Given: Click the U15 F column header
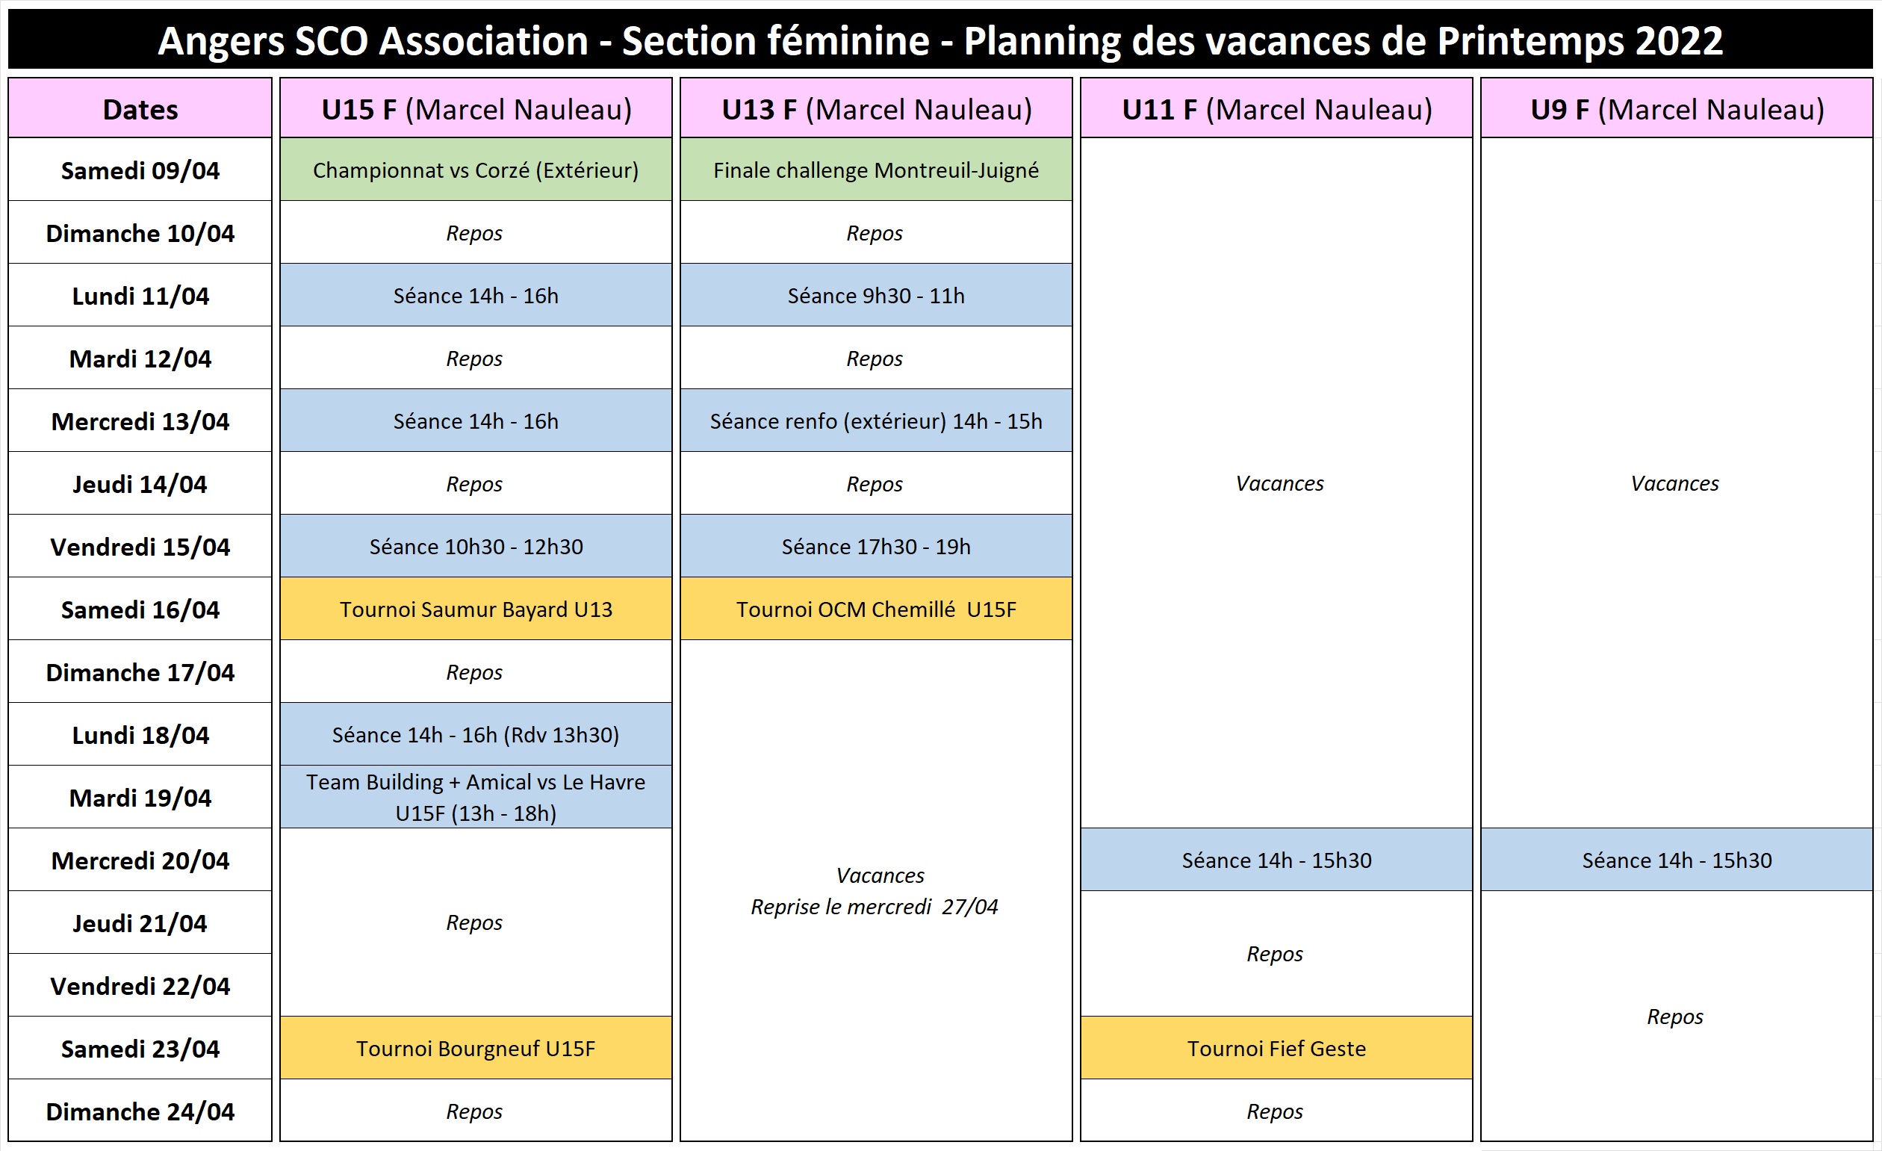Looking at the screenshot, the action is point(476,108).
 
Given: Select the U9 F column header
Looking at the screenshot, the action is point(1677,108).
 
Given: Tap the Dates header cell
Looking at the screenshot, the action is point(140,108).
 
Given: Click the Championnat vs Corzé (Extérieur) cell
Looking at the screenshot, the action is point(476,170).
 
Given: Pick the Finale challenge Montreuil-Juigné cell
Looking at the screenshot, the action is point(876,170).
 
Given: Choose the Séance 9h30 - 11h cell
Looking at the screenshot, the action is point(876,295).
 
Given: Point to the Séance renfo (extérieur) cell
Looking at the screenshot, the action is point(876,420).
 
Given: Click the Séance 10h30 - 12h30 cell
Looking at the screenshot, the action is point(476,546).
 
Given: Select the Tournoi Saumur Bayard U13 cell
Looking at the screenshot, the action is point(476,609).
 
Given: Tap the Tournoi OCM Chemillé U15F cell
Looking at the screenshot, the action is point(876,609).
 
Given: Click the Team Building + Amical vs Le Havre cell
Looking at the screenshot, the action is point(476,797).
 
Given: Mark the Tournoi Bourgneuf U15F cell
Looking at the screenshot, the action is point(476,1048).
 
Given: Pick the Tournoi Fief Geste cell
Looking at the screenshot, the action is point(1276,1048).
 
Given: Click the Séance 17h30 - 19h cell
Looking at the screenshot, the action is point(876,546).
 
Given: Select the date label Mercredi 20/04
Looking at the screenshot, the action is point(140,860).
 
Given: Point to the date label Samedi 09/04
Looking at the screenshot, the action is point(140,170).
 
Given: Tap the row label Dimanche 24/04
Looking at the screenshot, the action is point(140,1111).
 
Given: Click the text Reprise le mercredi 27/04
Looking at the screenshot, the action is point(875,907).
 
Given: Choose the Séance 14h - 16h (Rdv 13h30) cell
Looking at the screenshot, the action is point(476,734).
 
